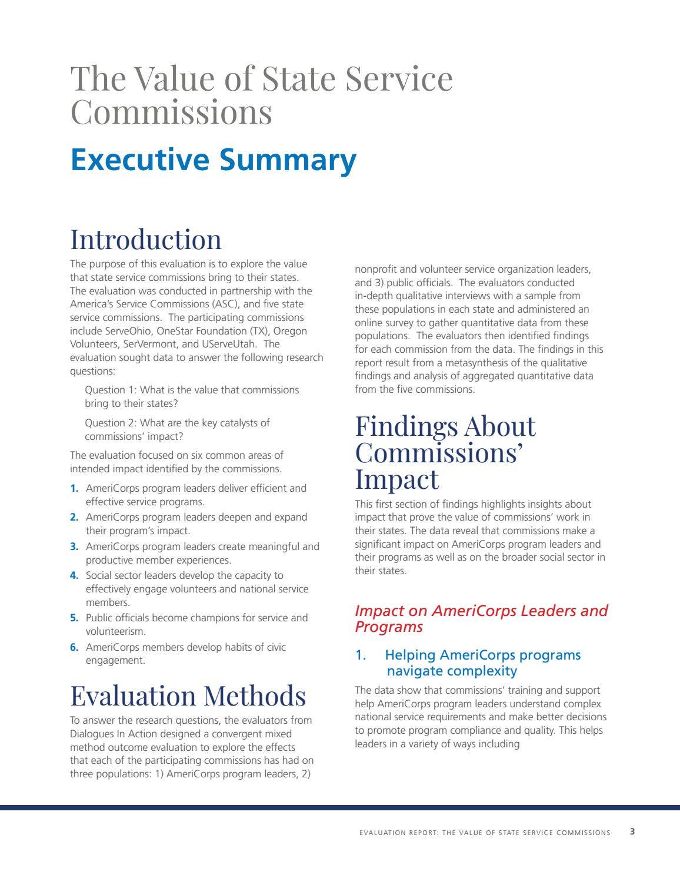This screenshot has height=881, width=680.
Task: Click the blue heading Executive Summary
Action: click(213, 160)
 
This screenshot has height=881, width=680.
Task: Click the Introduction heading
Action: click(146, 239)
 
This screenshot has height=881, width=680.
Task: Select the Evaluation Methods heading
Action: click(188, 695)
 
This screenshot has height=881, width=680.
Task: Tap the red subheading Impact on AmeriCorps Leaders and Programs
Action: click(481, 618)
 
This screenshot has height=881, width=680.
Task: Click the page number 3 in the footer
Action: click(632, 832)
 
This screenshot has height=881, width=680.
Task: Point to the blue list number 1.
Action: click(74, 488)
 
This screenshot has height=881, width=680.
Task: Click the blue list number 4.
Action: click(74, 575)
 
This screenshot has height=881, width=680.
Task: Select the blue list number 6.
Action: click(74, 647)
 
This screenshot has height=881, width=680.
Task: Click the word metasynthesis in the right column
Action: click(476, 363)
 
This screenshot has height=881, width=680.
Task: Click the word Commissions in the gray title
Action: click(171, 112)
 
